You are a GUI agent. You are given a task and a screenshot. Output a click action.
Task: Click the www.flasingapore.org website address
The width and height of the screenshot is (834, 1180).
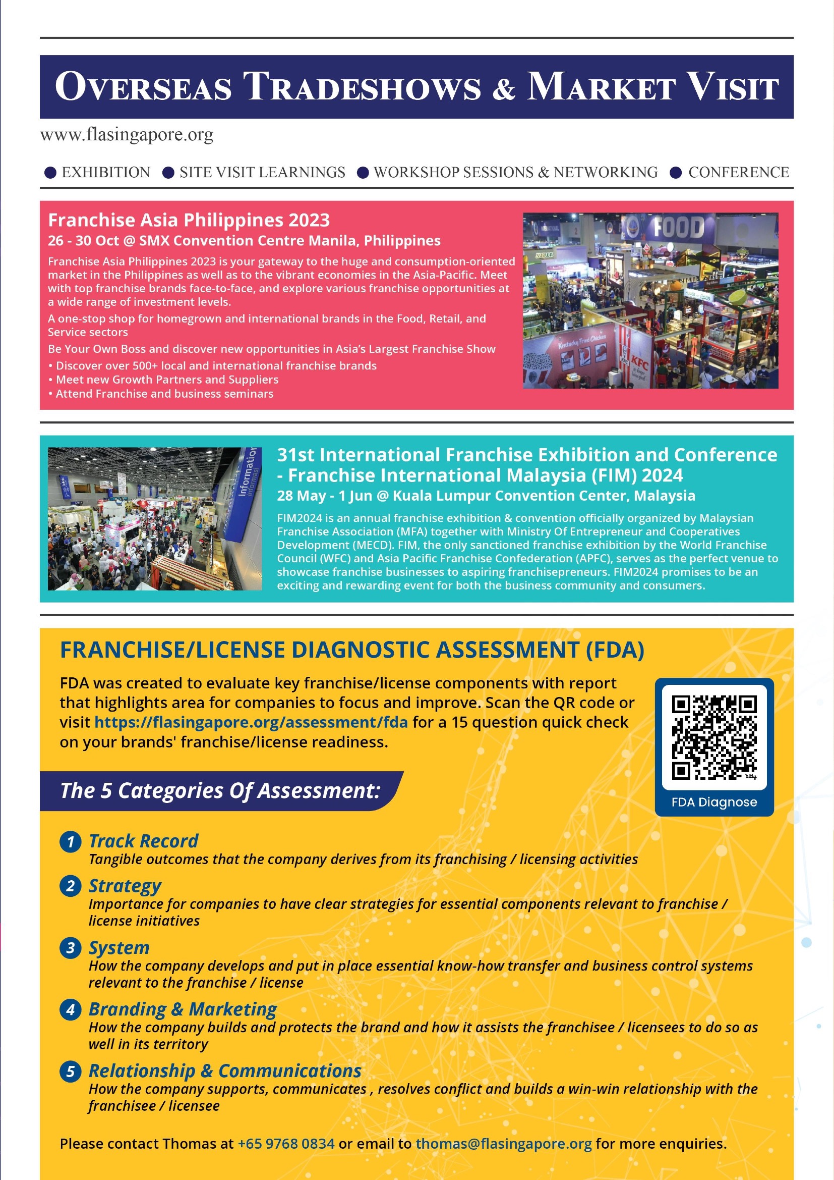(127, 135)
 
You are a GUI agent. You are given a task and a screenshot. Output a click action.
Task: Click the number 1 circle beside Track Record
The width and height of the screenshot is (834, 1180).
(71, 842)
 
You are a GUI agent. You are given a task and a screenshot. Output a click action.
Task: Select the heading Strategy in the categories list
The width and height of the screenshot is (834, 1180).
(125, 886)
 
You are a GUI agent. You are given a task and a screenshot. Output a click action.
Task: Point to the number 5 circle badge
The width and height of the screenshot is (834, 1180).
(71, 1071)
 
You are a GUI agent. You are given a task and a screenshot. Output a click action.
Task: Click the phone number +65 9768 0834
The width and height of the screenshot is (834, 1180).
(285, 1144)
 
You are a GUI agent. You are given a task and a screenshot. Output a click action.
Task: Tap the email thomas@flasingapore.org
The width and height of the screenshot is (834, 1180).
(503, 1144)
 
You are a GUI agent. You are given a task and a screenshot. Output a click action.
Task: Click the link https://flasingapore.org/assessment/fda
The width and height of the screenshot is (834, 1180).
(251, 722)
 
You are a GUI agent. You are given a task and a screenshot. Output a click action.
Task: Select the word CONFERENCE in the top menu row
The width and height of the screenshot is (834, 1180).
(739, 172)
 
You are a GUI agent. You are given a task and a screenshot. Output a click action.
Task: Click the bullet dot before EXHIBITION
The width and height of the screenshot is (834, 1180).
(50, 173)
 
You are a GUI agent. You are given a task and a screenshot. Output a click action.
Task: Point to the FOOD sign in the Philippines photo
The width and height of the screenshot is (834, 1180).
(678, 228)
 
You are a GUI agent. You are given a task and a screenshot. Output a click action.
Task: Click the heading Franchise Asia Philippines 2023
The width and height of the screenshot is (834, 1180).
(189, 220)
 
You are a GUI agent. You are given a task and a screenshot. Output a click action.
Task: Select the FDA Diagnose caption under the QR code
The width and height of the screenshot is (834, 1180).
(714, 802)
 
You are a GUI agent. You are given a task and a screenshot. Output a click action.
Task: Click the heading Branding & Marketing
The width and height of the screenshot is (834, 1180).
(183, 1009)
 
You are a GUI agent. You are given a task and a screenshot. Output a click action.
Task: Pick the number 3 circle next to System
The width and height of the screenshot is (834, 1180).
(71, 948)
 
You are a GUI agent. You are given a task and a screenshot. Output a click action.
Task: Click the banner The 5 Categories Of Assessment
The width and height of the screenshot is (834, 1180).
(220, 790)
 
